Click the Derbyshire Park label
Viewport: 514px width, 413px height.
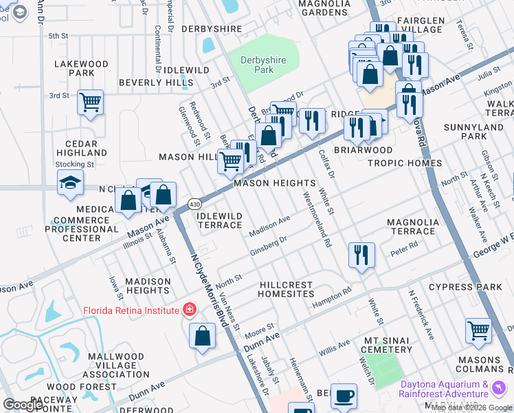[258, 65]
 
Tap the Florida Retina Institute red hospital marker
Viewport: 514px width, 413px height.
[189, 310]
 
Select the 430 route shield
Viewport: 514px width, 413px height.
[194, 204]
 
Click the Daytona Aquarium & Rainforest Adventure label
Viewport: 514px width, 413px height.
[446, 389]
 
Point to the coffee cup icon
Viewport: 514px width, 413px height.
[344, 396]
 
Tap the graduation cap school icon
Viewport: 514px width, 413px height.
[69, 183]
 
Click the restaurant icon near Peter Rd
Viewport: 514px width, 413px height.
[360, 255]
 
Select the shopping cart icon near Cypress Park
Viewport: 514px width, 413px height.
[478, 330]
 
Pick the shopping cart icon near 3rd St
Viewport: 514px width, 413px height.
[91, 102]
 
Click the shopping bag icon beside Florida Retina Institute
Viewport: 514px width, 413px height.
[203, 337]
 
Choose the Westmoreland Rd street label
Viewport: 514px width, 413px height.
[317, 219]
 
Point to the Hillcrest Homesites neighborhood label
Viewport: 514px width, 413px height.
[286, 289]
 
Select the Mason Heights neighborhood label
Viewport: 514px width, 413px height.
[274, 184]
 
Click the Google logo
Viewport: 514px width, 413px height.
[23, 405]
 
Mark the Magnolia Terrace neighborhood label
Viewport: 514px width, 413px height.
[411, 226]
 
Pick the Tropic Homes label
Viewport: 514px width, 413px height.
[404, 163]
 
